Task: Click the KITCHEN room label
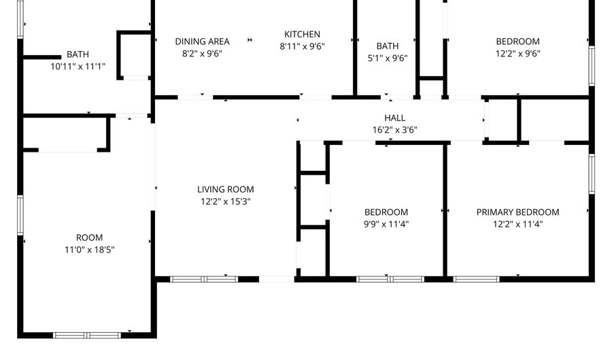(302, 35)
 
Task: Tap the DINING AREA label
(202, 41)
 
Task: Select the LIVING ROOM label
(226, 189)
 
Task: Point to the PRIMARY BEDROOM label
(517, 212)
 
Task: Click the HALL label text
(394, 118)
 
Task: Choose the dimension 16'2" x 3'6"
(394, 129)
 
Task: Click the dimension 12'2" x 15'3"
(226, 201)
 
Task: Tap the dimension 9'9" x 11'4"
(386, 224)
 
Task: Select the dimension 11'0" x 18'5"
(89, 250)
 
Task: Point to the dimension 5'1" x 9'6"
(387, 58)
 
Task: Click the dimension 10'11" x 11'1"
(78, 67)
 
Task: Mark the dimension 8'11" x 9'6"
(302, 47)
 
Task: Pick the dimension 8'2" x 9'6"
(202, 53)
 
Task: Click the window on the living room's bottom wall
(203, 278)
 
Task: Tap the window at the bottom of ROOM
(86, 335)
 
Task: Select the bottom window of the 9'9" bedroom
(390, 278)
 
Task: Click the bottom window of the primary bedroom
(476, 278)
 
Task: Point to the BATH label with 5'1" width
(387, 46)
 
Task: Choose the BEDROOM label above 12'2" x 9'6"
(517, 41)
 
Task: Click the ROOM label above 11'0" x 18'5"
(89, 238)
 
